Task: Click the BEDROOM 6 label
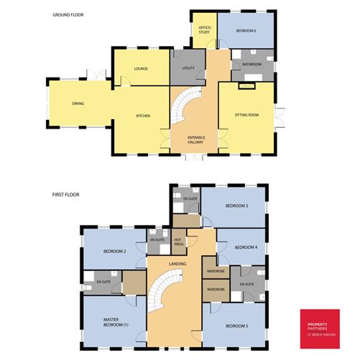tap(246, 30)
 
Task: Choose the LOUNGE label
tap(141, 69)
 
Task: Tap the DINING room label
tap(78, 104)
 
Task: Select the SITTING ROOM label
tap(246, 115)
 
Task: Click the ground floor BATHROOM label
tap(252, 65)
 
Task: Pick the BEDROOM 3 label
tap(236, 206)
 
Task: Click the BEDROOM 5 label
tap(236, 326)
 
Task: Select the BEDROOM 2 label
tap(115, 251)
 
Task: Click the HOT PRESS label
tap(180, 242)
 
